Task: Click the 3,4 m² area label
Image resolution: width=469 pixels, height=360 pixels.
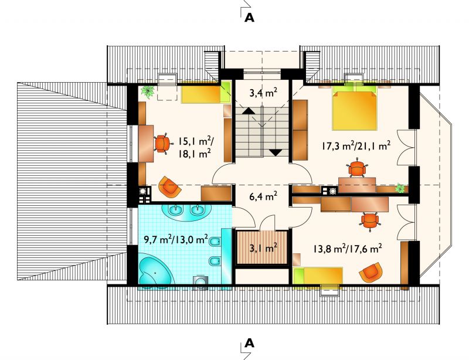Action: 263,93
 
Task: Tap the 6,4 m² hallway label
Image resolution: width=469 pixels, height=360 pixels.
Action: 263,196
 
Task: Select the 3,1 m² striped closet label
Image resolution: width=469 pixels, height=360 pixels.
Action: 263,247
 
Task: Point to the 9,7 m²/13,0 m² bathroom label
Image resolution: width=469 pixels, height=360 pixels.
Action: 176,239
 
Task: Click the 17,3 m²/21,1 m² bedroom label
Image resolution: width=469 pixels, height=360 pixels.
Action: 356,146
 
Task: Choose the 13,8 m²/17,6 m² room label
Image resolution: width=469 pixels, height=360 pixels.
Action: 348,249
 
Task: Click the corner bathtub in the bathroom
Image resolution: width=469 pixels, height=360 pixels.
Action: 155,271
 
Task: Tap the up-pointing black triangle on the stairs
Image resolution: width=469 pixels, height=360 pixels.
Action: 248,111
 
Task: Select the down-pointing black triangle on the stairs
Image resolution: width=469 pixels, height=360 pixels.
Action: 276,152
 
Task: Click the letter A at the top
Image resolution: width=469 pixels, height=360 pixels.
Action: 249,18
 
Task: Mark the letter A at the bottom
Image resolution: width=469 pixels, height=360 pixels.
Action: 249,343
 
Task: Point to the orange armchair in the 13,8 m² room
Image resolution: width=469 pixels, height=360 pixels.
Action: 371,272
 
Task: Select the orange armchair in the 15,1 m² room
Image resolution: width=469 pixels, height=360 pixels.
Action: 169,187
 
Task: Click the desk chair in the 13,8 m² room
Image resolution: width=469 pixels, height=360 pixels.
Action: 370,221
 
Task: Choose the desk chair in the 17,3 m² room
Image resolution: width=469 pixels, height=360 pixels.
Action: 357,168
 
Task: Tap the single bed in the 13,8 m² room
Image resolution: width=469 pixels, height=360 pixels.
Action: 318,276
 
